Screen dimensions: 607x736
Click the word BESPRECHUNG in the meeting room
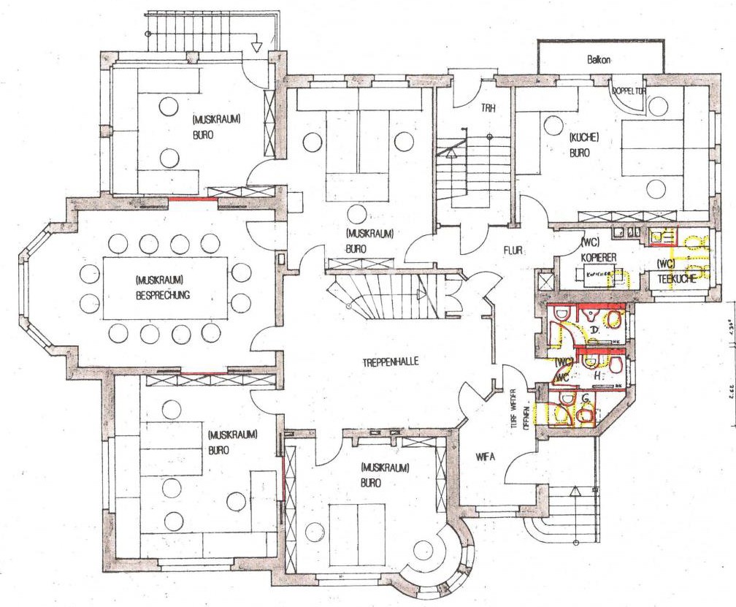[x=162, y=296]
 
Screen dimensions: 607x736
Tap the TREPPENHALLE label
[x=391, y=362]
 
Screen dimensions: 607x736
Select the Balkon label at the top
[x=598, y=60]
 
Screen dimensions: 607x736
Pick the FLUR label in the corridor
[x=514, y=250]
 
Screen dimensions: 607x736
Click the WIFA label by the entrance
[x=486, y=457]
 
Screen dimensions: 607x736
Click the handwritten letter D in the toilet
[x=595, y=331]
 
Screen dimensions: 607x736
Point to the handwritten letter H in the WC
[x=597, y=374]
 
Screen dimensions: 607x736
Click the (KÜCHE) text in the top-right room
[x=584, y=137]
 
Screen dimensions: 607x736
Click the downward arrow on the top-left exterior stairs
[x=256, y=46]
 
